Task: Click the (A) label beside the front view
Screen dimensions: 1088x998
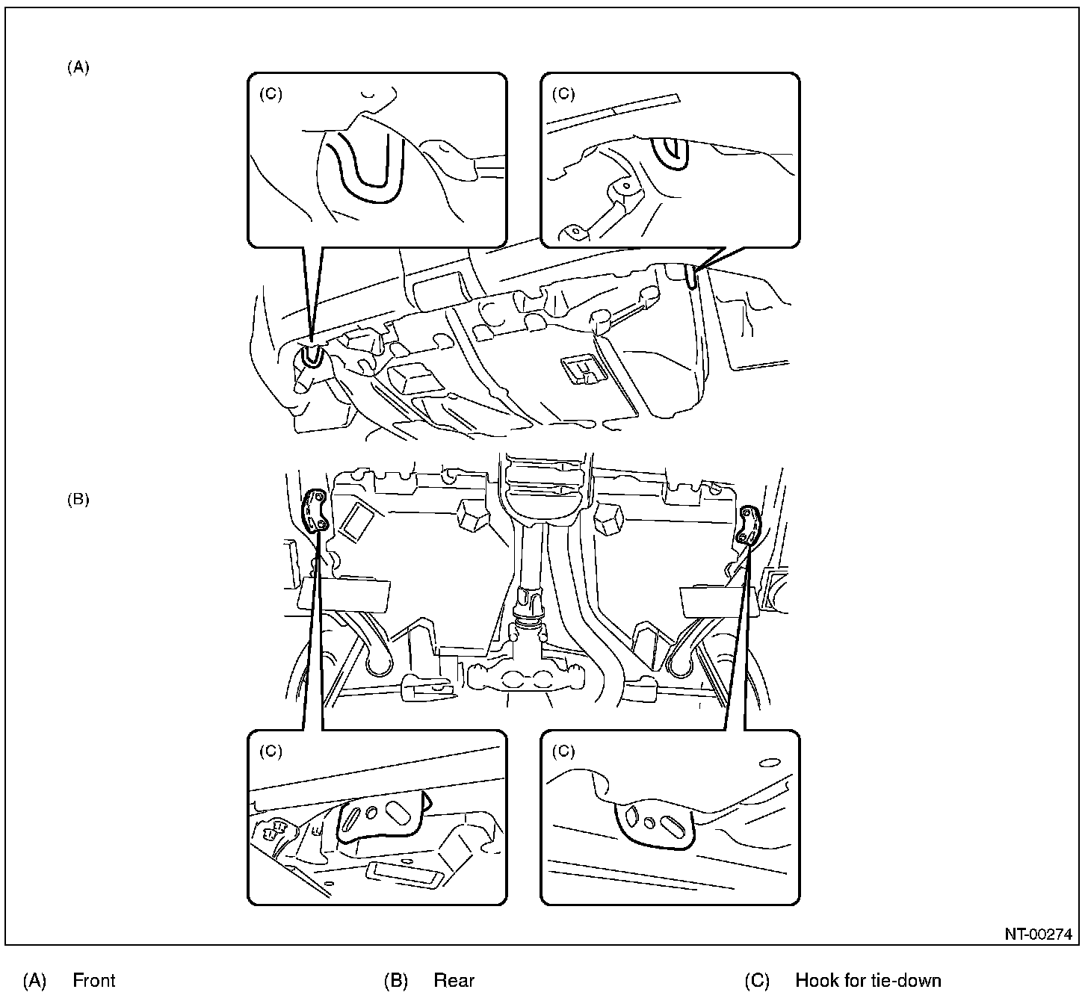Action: [78, 67]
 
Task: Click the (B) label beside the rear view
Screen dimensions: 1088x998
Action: [78, 500]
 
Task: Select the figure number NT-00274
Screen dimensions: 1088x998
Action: [1038, 934]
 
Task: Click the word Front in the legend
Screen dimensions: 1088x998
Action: [94, 980]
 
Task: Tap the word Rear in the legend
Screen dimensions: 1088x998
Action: [454, 980]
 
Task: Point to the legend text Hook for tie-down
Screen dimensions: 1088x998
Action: [868, 980]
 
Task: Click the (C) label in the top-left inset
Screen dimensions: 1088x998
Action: [271, 94]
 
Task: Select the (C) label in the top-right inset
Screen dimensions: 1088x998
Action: [563, 94]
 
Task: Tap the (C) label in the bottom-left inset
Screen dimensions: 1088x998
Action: [271, 751]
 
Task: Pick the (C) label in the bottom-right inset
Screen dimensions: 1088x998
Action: [563, 751]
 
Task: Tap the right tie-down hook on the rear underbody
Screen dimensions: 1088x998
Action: [749, 524]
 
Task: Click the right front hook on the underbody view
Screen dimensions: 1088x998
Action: [693, 278]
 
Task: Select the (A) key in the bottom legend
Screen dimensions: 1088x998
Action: [34, 980]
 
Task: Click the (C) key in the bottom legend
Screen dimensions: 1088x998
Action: [756, 980]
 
